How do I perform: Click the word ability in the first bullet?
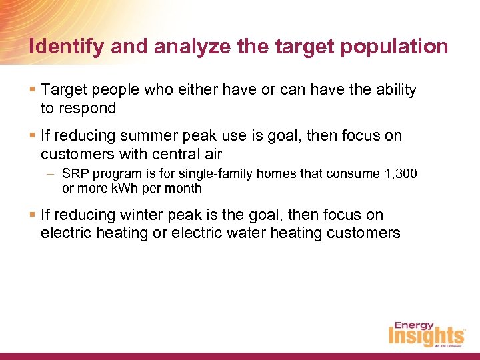tap(394, 89)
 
